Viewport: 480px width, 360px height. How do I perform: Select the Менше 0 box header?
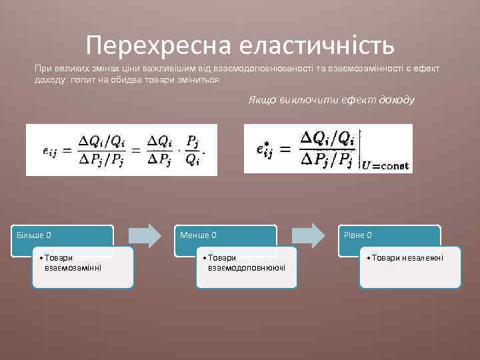coord(199,235)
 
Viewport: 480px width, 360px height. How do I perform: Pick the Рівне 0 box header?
coord(359,235)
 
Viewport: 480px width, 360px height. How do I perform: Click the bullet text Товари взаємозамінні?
coord(73,263)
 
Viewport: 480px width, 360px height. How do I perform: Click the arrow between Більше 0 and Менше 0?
coord(145,235)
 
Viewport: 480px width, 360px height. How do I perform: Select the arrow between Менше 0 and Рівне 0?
coord(308,235)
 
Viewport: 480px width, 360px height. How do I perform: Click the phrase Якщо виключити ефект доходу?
coord(331,100)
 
